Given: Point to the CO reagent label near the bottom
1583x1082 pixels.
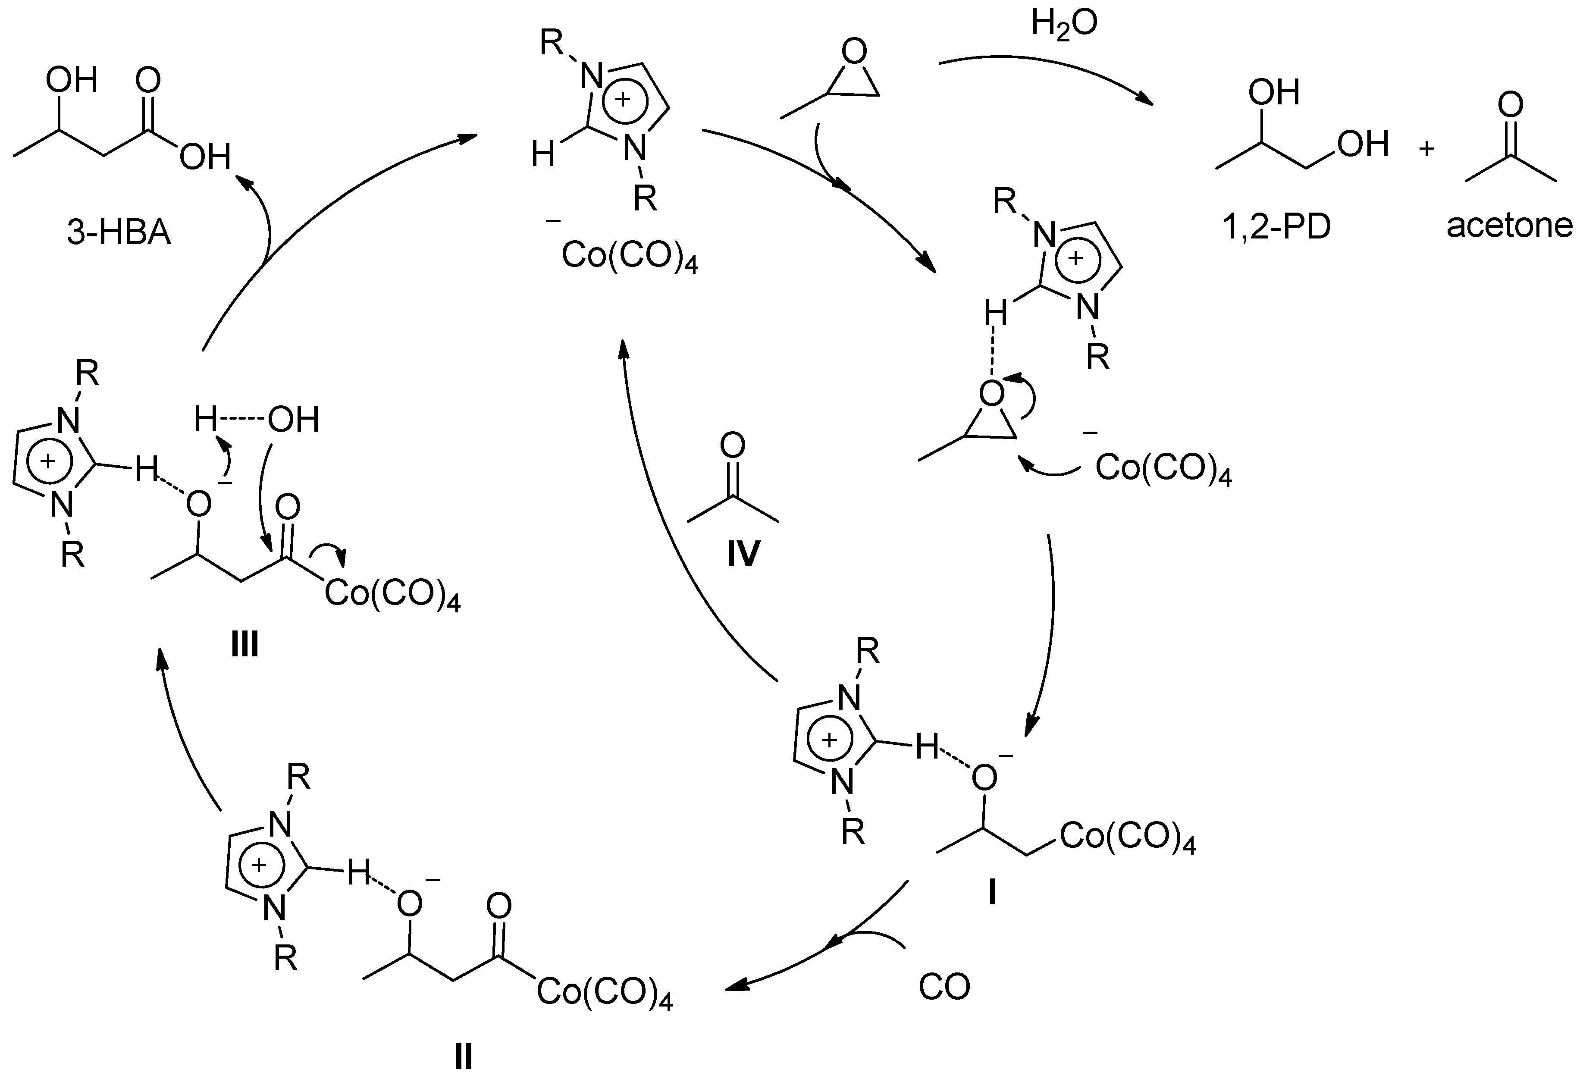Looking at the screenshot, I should coord(944,987).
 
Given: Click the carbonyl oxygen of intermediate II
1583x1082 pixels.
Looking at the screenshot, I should coord(499,907).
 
